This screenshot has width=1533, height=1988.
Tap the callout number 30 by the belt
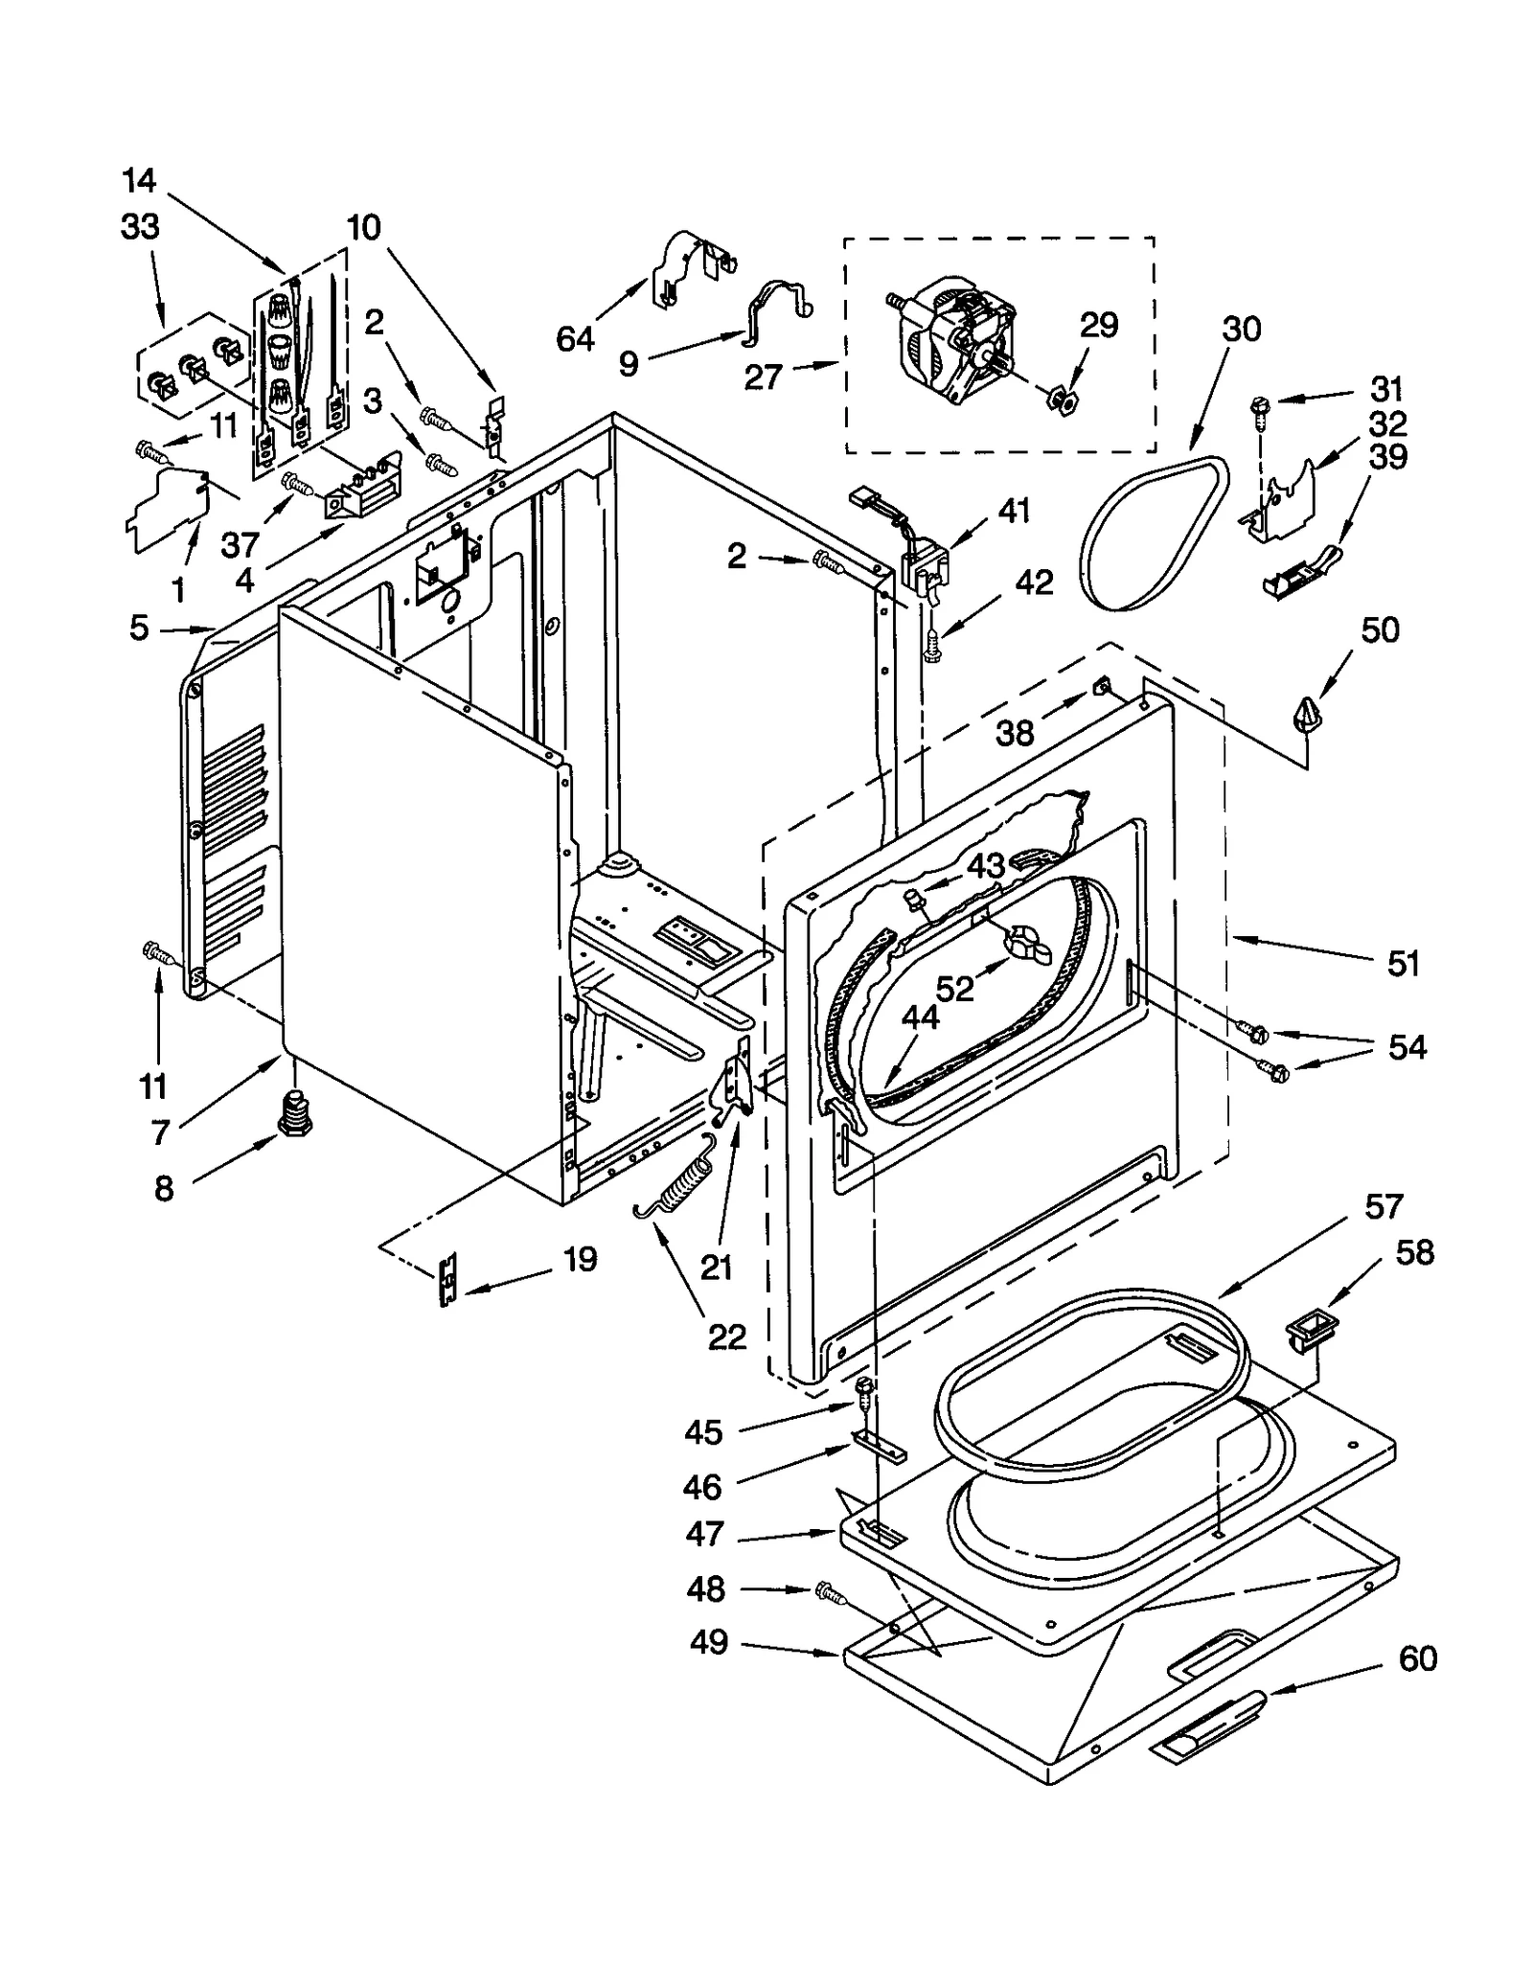click(1241, 329)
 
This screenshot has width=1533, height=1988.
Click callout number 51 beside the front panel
click(1403, 963)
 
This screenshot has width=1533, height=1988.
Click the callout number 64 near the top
click(575, 338)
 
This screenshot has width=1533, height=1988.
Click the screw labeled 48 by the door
click(830, 1592)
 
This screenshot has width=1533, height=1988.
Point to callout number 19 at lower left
click(580, 1258)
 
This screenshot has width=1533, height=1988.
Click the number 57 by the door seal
click(1384, 1206)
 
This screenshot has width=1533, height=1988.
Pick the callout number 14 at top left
click(139, 179)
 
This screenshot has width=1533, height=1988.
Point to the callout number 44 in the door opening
click(920, 1017)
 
